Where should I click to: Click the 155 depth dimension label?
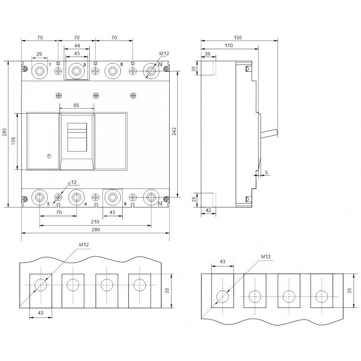238,37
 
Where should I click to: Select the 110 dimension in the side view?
229,46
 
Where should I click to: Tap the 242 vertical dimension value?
174,131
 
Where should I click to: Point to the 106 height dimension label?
14,141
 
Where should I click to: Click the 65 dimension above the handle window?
76,105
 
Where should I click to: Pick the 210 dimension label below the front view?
95,222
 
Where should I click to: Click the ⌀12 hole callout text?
72,182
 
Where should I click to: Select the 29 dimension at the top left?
39,54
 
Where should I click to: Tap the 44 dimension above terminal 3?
77,46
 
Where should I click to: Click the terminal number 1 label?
50,65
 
